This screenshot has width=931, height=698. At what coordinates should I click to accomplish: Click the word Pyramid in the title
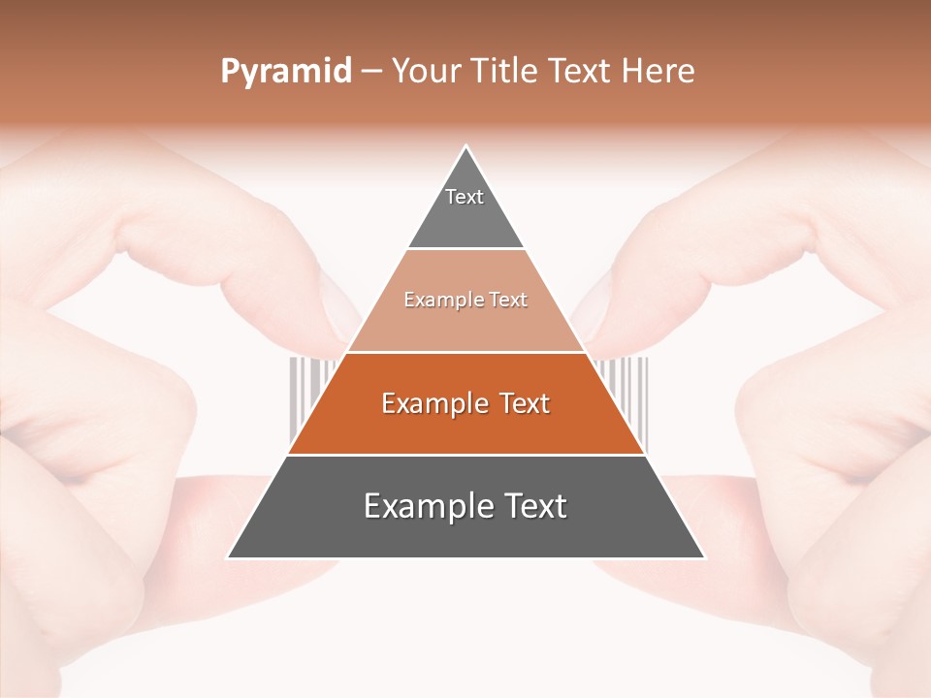point(286,72)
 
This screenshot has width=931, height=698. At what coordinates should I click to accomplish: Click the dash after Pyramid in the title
point(371,72)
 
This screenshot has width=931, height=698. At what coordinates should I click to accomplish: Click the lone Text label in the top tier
point(465,197)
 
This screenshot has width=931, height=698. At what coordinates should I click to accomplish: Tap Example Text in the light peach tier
point(465,301)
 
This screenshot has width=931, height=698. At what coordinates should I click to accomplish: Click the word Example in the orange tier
point(431,403)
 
